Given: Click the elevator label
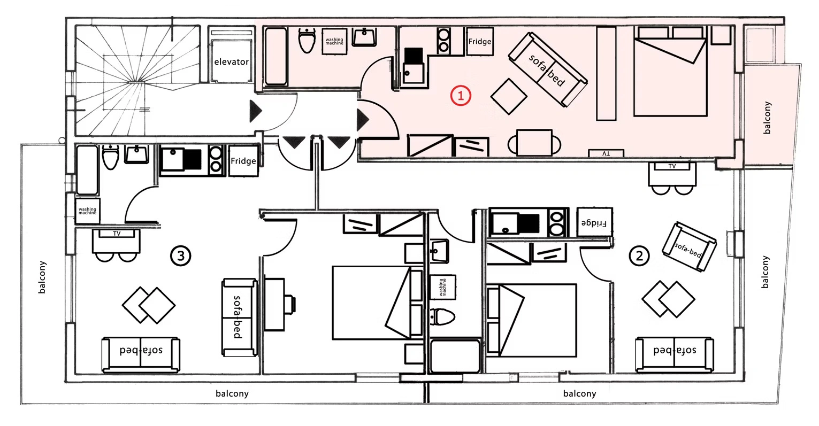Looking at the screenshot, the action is point(231,62).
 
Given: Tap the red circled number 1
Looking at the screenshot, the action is point(461,96).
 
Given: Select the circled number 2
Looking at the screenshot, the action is point(639,255).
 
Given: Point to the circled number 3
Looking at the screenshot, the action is point(181,255).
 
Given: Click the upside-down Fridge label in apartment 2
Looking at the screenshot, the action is point(594,222).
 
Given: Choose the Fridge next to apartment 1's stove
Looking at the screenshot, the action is point(480,41).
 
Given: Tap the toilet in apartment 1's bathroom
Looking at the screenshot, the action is point(307,41).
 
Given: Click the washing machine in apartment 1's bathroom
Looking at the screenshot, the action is point(334,41).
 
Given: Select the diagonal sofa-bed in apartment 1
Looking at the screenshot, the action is point(547,70).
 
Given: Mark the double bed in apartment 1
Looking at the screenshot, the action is point(670,71).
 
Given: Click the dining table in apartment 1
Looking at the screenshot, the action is point(534,143).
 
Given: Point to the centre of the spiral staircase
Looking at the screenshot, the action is point(138,81).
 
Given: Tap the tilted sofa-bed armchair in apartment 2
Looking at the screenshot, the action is point(689,246).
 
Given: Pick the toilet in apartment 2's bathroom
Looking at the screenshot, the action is point(442,317).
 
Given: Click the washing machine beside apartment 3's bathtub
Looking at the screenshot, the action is point(87,211).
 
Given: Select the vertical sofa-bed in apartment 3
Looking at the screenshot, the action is point(240,317).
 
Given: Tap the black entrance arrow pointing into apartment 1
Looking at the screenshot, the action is point(363,120).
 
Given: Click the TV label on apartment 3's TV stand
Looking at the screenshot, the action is point(117,234).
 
